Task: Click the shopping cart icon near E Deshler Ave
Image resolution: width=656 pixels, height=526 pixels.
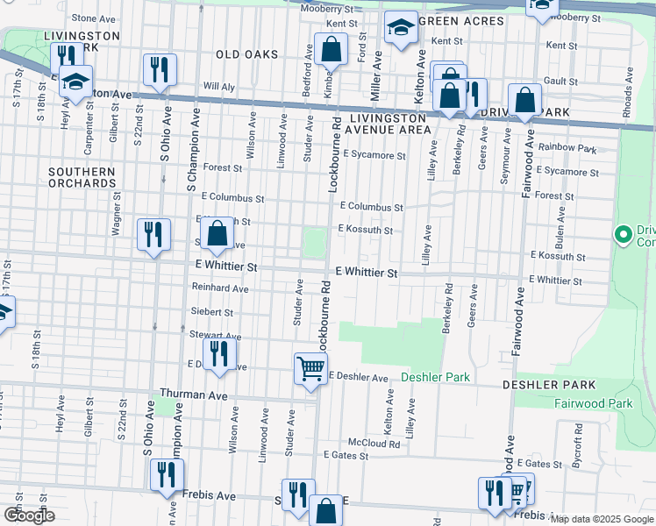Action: [310, 369]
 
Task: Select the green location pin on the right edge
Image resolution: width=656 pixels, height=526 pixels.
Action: [623, 234]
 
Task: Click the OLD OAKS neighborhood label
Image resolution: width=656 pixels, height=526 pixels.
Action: [248, 54]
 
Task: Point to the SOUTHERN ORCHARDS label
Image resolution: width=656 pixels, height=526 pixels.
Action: [82, 177]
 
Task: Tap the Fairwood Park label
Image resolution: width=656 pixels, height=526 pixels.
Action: [593, 403]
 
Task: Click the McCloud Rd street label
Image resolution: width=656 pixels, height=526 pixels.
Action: [374, 444]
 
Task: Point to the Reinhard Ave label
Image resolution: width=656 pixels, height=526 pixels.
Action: [220, 288]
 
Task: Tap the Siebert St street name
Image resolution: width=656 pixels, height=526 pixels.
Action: [211, 311]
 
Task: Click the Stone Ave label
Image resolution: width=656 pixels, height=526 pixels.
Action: [96, 18]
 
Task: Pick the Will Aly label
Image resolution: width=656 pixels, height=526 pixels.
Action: [218, 87]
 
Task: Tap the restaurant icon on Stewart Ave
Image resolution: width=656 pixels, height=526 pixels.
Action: [219, 354]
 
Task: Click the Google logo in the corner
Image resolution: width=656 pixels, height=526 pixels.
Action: [29, 515]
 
